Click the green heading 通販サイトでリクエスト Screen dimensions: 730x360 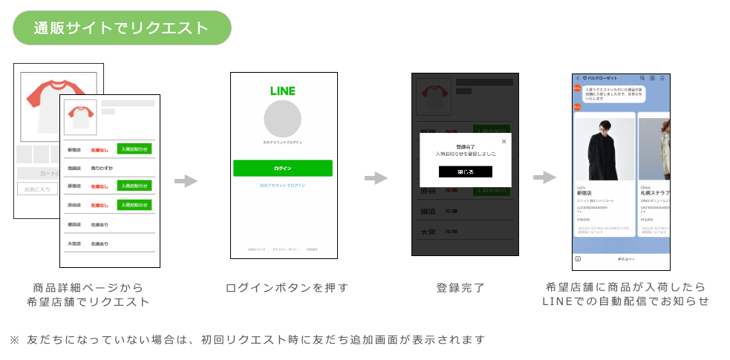point(122,28)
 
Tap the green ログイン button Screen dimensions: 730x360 point(282,168)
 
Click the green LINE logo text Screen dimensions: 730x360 point(282,91)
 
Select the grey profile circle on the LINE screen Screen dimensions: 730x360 point(282,119)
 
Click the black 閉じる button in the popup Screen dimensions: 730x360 point(465,171)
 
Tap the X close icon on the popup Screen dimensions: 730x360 point(503,141)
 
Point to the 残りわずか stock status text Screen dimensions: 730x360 point(102,168)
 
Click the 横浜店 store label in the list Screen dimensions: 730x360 point(74,224)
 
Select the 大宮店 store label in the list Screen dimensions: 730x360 point(74,243)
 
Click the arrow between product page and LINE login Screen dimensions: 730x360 point(186,181)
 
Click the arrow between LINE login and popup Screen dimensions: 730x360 point(376,178)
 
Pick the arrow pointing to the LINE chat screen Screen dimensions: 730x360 point(544,177)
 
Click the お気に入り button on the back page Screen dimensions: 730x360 point(36,189)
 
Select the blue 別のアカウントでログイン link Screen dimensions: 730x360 point(282,185)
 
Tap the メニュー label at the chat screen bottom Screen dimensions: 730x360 point(626,259)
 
